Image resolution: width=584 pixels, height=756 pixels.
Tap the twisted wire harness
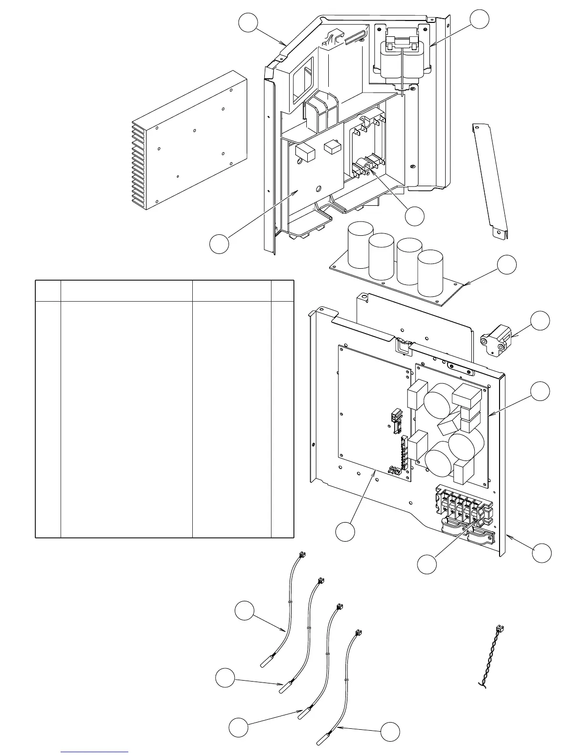(x=491, y=659)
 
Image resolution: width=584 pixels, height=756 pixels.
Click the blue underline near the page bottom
(x=95, y=752)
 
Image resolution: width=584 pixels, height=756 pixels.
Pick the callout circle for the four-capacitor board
(x=507, y=265)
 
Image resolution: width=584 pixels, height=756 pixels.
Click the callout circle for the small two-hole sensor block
(x=540, y=321)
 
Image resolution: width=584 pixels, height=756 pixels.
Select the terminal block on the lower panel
(x=461, y=509)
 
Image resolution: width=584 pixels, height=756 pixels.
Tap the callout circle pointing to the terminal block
(x=427, y=564)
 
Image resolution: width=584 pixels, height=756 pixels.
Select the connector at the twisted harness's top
(x=500, y=629)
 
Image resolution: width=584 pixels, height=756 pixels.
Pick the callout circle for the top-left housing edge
(x=249, y=24)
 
